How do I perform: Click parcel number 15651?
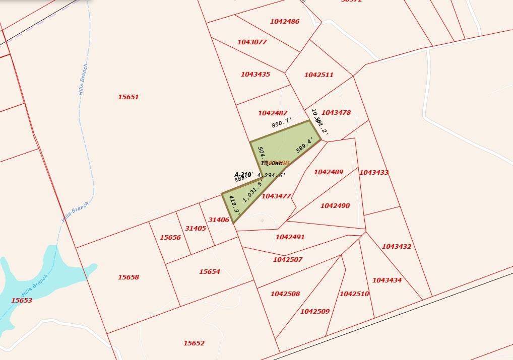click(128, 97)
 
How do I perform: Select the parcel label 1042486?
click(284, 22)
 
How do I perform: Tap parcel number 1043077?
click(251, 42)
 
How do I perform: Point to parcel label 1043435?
click(255, 75)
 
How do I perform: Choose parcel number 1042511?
click(318, 75)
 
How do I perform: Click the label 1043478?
click(336, 113)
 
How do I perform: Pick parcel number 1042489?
click(328, 172)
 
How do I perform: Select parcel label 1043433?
click(373, 173)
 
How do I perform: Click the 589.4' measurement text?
click(305, 145)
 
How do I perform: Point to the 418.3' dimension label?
click(233, 206)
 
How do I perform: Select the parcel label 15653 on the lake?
click(21, 301)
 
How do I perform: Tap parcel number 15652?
click(194, 343)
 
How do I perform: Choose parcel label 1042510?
click(354, 294)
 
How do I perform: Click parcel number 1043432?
click(396, 247)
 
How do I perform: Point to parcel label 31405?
click(195, 229)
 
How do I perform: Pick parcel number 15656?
click(170, 238)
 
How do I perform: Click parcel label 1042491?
click(290, 237)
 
